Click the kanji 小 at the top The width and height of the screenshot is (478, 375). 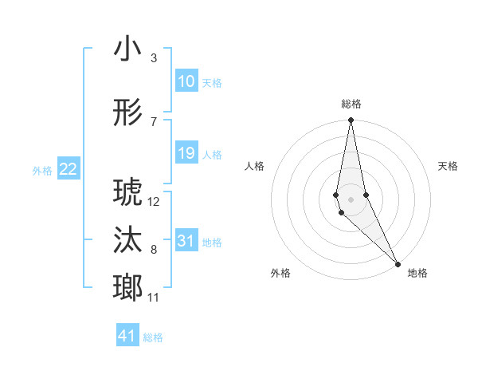(128, 49)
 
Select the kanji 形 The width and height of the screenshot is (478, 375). (128, 113)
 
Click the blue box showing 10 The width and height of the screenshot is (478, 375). (186, 81)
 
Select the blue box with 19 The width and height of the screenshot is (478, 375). (186, 153)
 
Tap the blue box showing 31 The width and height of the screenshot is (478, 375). (186, 241)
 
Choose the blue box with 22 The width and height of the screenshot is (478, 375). (69, 169)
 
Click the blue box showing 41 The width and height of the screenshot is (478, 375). (127, 336)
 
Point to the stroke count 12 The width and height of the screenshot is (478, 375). (154, 201)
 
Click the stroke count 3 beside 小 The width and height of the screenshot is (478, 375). (153, 58)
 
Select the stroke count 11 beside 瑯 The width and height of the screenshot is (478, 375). (154, 298)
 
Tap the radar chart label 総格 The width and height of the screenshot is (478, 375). (351, 104)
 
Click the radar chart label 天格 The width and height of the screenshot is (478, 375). (448, 166)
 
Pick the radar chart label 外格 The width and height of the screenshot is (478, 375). (280, 273)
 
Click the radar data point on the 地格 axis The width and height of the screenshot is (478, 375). (398, 263)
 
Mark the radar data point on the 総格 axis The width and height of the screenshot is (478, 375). (351, 120)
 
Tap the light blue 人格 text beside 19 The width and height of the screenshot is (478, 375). (212, 154)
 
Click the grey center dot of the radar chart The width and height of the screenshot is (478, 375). (351, 199)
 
